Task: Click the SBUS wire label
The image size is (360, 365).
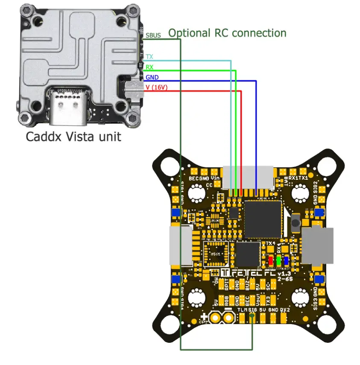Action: coord(153,35)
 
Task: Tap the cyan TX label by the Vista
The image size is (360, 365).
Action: coord(149,57)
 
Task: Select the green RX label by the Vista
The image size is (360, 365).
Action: coord(149,67)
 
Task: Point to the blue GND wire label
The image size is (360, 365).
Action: coord(152,77)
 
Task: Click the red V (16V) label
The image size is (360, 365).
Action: coord(155,87)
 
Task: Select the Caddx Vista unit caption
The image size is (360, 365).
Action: coord(73,137)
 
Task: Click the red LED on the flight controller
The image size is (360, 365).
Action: coord(271,260)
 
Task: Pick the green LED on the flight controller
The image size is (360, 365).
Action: coord(278,260)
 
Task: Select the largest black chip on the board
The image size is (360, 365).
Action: coord(263,219)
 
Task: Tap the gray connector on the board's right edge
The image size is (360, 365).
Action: coord(318,245)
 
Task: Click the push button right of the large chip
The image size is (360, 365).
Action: coord(295,222)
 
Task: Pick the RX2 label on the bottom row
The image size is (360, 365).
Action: coord(285,310)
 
